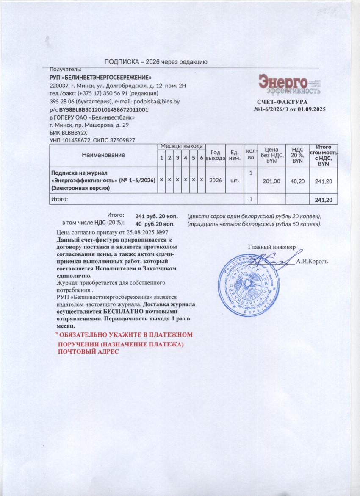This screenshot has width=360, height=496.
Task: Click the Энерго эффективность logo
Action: point(289,84)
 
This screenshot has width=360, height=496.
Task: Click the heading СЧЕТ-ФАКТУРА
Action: point(282,102)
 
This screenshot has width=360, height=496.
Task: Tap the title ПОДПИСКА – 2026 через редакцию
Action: point(156,62)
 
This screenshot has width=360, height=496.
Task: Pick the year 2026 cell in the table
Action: point(216,180)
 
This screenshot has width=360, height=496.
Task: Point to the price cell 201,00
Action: point(271,181)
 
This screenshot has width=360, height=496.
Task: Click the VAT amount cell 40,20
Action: point(299,181)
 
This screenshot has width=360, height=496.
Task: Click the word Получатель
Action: point(66,69)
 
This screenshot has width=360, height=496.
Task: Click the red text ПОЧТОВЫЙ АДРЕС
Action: point(89,351)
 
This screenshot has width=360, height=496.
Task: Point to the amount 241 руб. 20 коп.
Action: point(155,216)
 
